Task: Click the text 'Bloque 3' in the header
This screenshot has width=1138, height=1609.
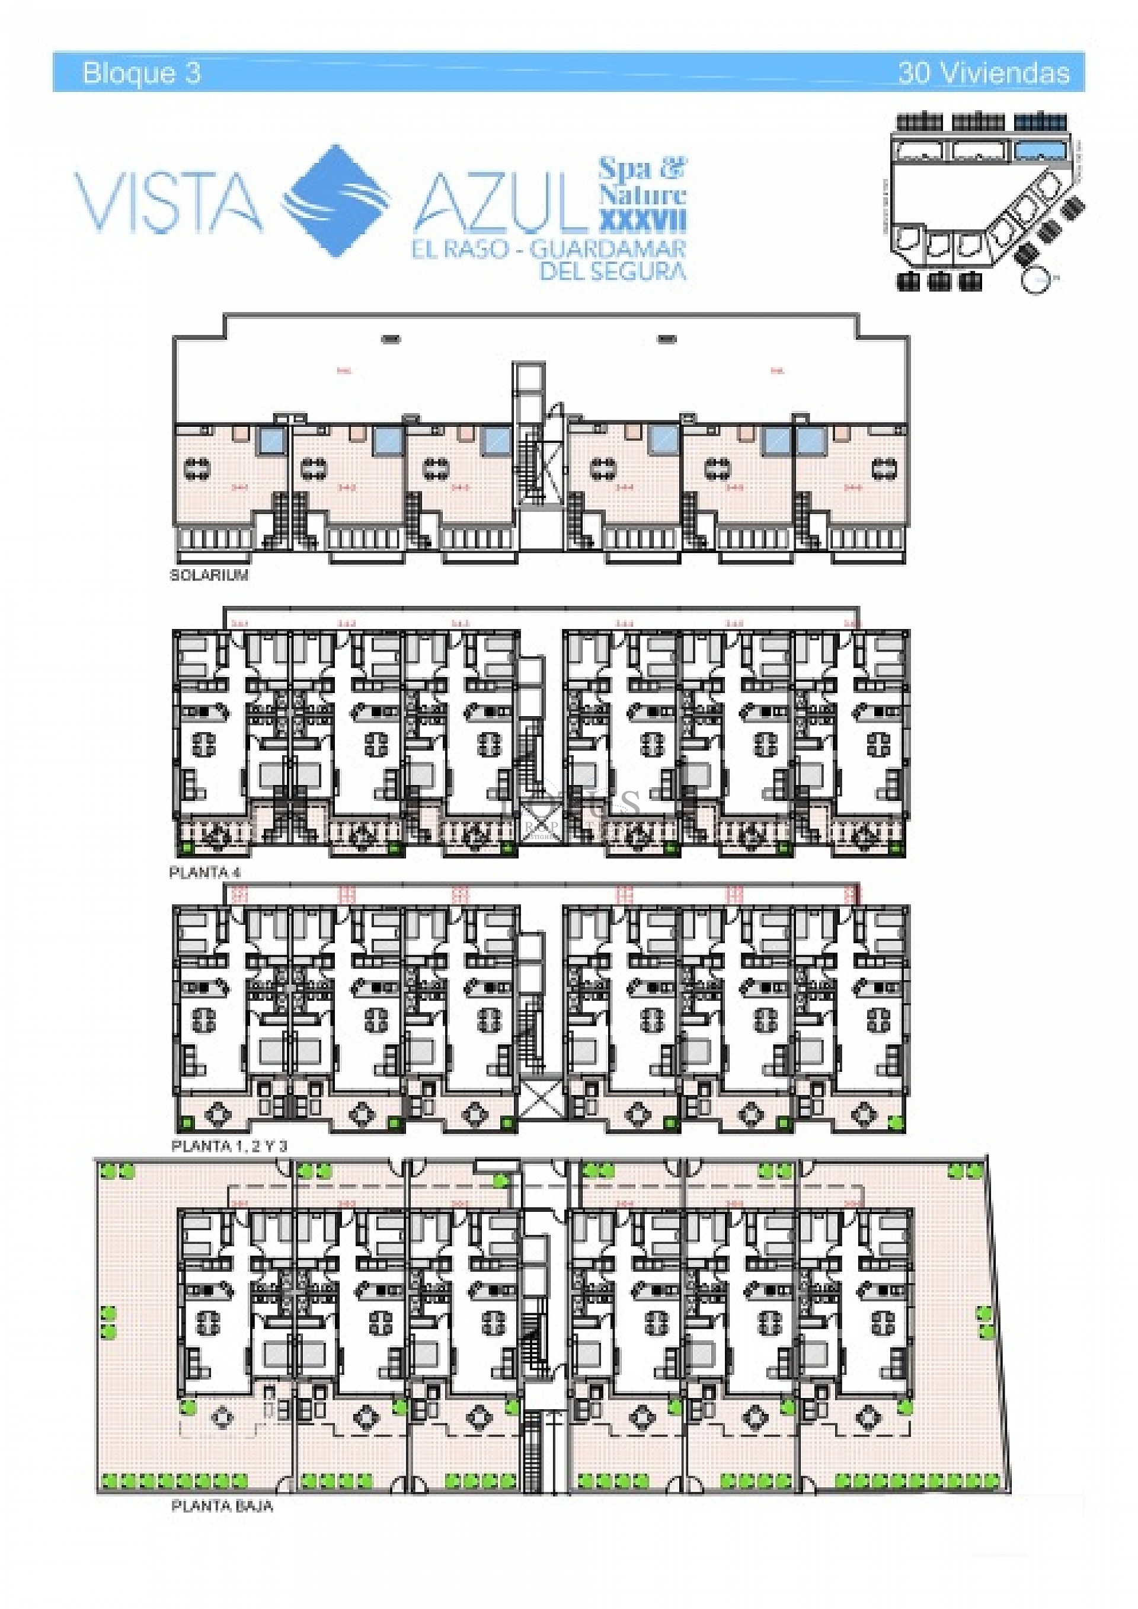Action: pos(142,73)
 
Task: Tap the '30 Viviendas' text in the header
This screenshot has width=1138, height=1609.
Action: pos(983,73)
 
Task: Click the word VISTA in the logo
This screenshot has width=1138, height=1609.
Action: pos(168,203)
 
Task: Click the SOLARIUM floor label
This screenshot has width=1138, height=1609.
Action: pos(209,575)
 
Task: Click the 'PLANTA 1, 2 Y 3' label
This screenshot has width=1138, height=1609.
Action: pos(228,1147)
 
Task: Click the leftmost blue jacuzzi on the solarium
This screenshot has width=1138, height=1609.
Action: pos(270,442)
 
